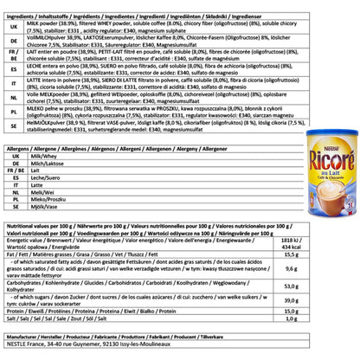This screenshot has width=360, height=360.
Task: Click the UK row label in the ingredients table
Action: coord(12,26)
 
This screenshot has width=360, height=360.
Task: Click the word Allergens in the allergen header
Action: coord(21,150)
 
